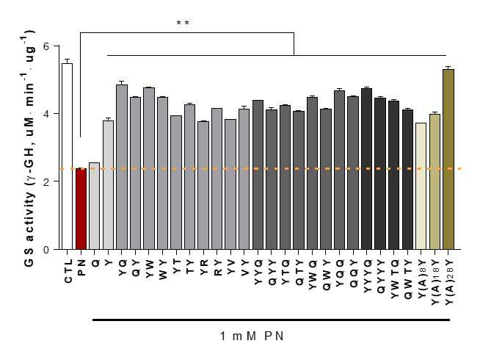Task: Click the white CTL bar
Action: coord(68,156)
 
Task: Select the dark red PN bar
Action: coord(81,209)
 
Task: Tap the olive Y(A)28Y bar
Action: coord(448,159)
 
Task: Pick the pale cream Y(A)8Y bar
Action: coord(421,186)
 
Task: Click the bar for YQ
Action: coord(122,167)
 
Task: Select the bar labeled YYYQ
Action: coord(367,169)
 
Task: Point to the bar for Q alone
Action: coord(95,206)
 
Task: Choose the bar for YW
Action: coord(149,168)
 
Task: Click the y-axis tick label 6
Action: coord(46,46)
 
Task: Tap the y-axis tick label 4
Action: coord(46,114)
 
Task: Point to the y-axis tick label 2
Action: coord(46,181)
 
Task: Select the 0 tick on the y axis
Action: coord(46,250)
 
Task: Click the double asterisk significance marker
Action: coord(183,24)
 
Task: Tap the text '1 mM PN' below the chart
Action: coord(252,336)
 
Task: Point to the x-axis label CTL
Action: coord(68,271)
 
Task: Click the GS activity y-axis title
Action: coord(29,148)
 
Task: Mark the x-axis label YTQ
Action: coord(286,273)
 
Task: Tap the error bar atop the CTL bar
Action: coord(68,61)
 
